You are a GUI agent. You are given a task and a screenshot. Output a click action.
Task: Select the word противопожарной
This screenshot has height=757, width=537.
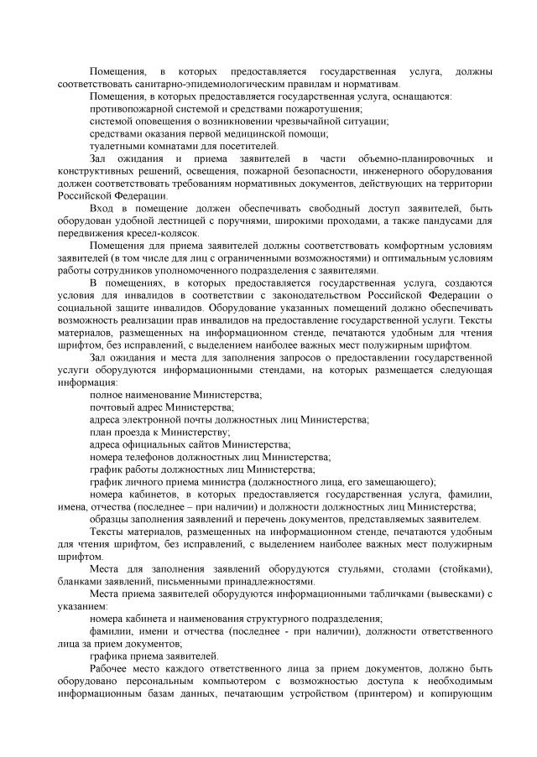130,109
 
